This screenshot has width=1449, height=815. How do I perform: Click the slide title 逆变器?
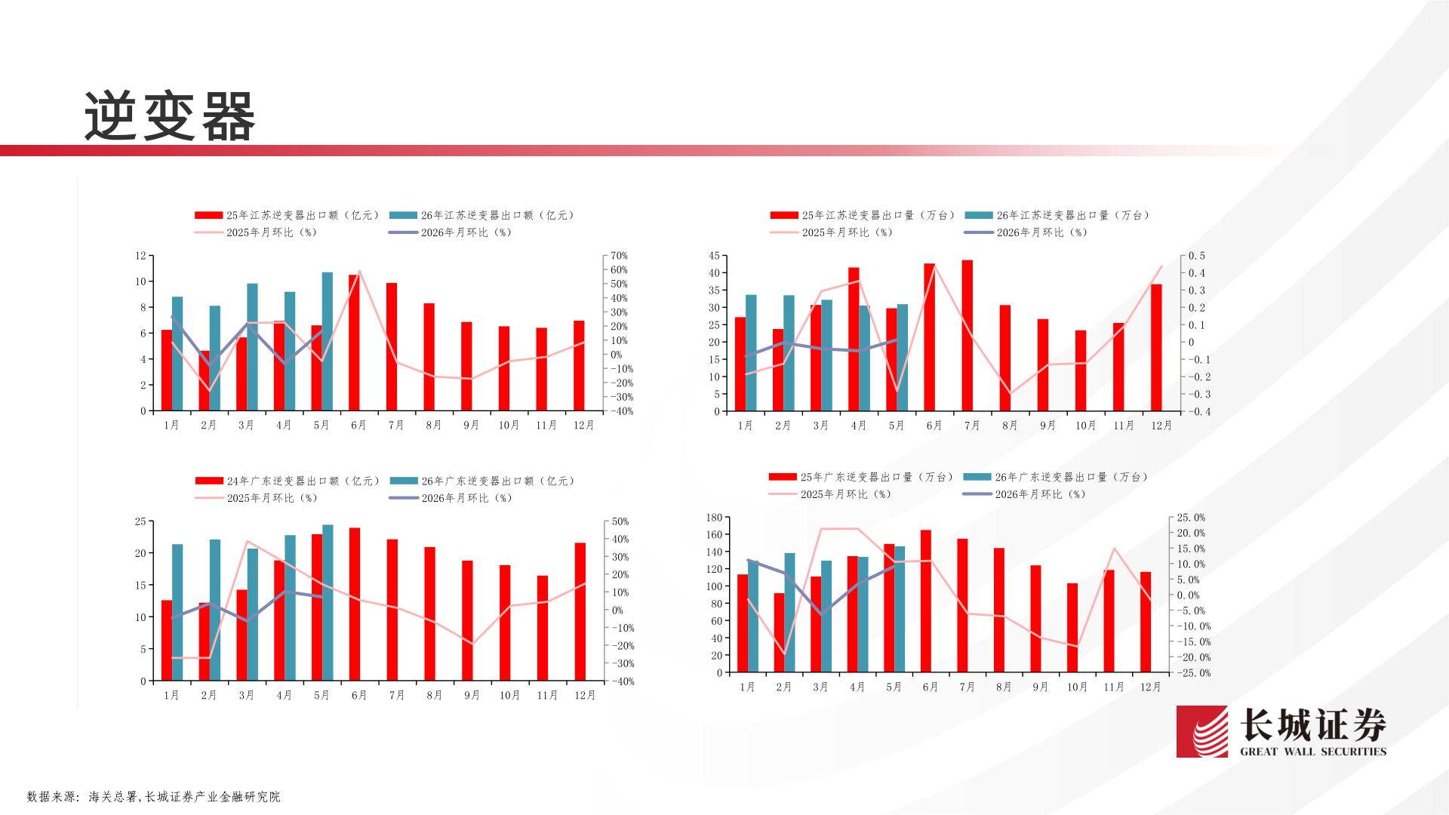point(170,116)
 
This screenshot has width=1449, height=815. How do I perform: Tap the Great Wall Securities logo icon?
point(1202,731)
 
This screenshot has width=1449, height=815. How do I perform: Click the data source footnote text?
point(153,796)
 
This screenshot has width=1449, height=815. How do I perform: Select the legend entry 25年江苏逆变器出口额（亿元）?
point(287,215)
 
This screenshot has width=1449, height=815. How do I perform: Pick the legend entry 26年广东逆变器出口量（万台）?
point(1056,477)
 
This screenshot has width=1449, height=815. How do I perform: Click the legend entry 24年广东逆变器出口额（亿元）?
point(288,481)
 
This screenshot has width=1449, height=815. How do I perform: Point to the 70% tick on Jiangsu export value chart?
point(619,256)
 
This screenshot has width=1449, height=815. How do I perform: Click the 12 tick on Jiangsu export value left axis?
point(140,256)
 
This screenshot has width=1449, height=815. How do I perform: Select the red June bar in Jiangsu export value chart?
point(354,343)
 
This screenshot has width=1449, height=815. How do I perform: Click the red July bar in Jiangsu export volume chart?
point(968,336)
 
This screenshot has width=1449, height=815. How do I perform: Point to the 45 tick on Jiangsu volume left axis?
point(714,256)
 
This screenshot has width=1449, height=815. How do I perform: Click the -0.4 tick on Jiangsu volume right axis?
point(1200,412)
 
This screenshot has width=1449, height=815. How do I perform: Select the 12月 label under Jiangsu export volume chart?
point(1161,426)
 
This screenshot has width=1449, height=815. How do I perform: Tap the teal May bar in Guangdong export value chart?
point(328,603)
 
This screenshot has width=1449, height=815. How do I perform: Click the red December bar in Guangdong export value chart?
point(580,612)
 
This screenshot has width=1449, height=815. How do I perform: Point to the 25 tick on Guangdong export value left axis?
point(140,521)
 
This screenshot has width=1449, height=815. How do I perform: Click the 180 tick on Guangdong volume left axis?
point(714,518)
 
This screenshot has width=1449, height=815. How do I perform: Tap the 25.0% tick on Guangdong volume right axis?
point(1191,518)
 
